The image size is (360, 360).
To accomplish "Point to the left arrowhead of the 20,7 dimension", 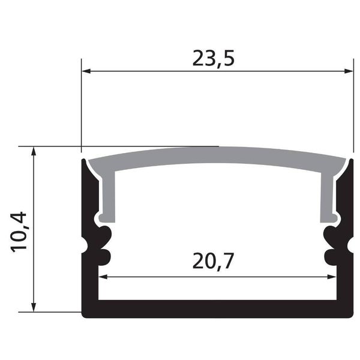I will pyautogui.click(x=103, y=277).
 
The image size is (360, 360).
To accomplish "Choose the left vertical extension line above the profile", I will pyautogui.click(x=82, y=102).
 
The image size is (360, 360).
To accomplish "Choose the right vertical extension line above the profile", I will pyautogui.click(x=354, y=102).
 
